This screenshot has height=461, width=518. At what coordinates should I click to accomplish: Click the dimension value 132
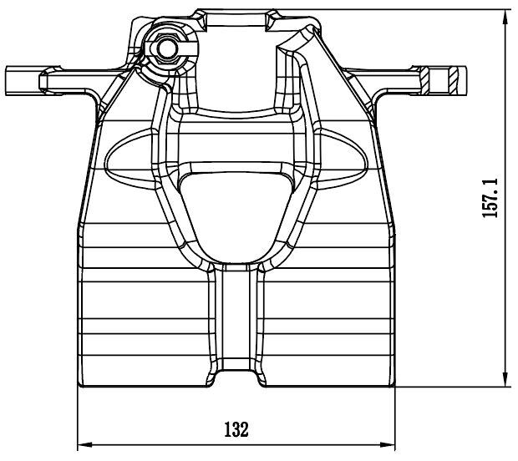236,430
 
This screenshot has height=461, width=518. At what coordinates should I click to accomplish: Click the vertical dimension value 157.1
491,197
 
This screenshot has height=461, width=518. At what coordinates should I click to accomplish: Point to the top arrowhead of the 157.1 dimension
507,15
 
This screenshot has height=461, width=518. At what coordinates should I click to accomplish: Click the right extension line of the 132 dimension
395,418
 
